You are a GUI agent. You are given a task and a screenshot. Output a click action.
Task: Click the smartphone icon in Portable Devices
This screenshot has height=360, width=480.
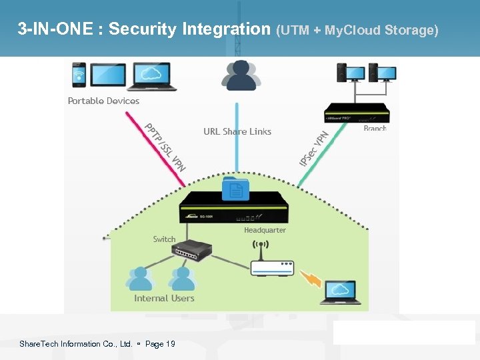point(78,75)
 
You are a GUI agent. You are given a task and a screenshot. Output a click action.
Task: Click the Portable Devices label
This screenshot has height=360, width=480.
point(103,101)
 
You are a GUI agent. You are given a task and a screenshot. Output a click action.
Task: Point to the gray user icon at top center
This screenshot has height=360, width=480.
point(241,75)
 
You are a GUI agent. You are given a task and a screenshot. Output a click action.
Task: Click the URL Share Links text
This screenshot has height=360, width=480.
point(237,131)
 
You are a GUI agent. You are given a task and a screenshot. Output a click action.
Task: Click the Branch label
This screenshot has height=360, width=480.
point(375,128)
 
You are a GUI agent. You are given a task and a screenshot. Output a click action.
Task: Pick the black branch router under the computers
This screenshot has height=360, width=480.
point(356,113)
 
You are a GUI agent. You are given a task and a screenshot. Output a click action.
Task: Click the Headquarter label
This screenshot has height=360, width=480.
point(265,230)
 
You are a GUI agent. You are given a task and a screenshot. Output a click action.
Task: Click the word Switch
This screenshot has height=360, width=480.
point(164,239)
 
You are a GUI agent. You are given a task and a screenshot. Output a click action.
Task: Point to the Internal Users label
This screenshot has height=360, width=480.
point(164,298)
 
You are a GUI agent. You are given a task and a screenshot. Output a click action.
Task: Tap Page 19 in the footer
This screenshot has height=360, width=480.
point(160,344)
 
